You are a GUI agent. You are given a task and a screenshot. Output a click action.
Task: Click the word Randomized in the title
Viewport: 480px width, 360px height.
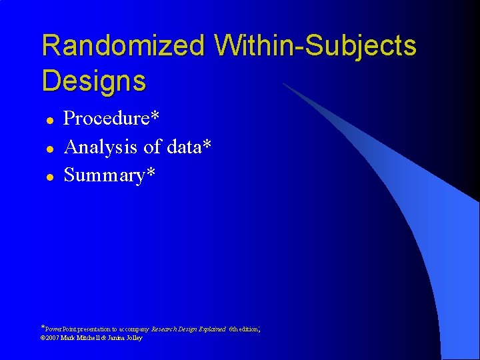(123, 47)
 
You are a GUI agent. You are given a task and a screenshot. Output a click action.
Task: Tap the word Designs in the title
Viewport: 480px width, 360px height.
(93, 81)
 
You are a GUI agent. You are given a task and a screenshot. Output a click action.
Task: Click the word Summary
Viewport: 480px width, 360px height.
(103, 176)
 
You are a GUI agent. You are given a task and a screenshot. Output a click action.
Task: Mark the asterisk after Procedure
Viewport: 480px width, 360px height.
(155, 116)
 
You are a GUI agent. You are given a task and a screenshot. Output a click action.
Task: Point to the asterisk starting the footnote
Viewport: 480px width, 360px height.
(43, 327)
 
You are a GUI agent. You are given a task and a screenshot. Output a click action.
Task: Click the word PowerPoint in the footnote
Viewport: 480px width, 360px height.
(61, 329)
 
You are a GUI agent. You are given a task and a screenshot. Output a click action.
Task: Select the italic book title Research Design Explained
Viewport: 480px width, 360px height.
(188, 329)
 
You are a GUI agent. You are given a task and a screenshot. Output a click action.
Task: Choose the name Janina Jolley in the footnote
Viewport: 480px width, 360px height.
(126, 338)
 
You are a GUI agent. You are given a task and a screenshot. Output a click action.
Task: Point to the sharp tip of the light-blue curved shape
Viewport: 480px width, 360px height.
(283, 84)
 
